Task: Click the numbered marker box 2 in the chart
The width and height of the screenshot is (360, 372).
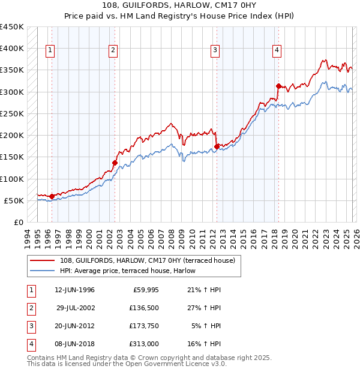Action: coord(112,51)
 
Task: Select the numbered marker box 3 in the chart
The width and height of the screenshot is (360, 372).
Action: coord(215,51)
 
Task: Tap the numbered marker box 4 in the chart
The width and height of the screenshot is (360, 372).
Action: coord(277,51)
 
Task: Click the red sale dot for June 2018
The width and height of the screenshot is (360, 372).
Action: coord(278,86)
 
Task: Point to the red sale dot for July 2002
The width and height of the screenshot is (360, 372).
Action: coord(115,162)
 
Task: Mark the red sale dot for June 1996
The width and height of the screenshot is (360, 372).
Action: coord(52,196)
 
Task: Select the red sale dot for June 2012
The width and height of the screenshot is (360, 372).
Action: coord(216,146)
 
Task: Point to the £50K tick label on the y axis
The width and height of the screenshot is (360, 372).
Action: coord(14,200)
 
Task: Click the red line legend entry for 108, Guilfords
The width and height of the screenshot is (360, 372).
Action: coord(135,260)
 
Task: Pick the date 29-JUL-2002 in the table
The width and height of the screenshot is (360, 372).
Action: coord(74,308)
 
